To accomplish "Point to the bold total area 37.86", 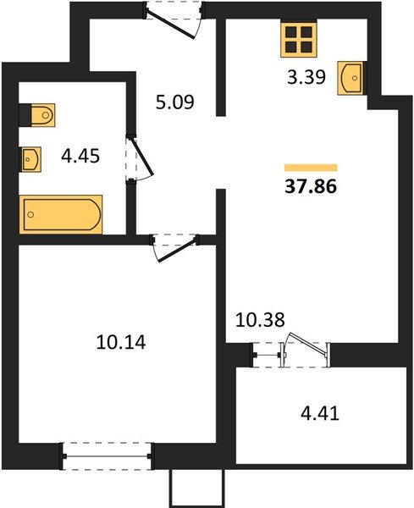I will (311, 188).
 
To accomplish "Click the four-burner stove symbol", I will (298, 37).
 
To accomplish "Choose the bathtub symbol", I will (60, 213).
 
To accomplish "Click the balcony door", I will (305, 349).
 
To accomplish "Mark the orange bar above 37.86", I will (311, 168).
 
